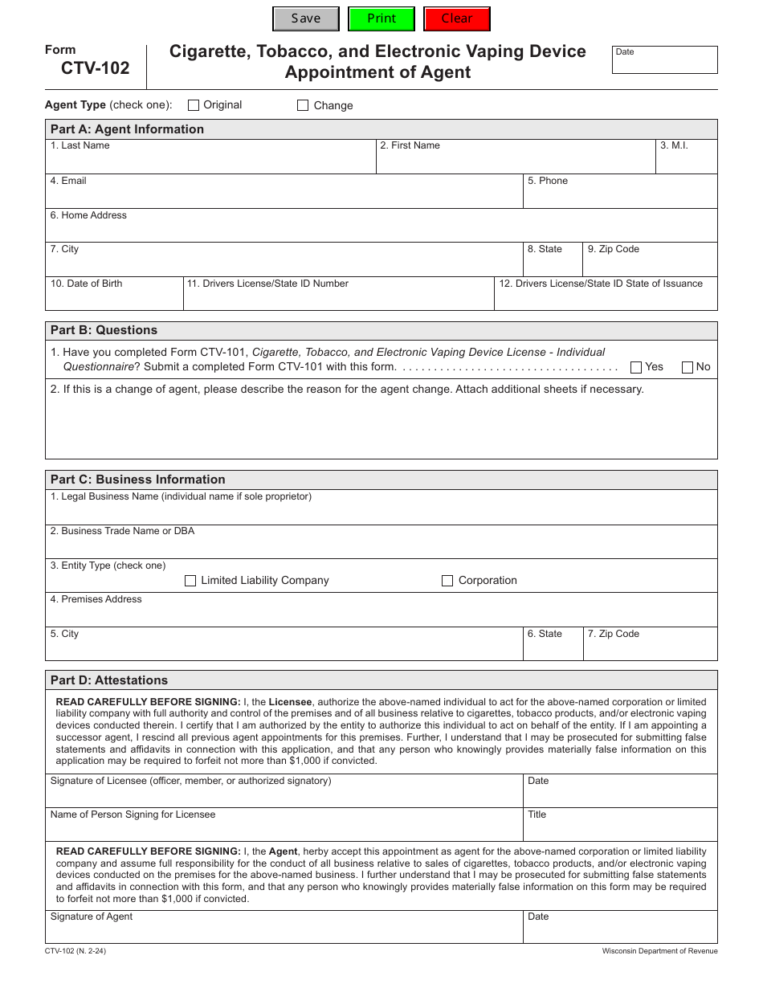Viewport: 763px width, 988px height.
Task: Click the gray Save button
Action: click(306, 18)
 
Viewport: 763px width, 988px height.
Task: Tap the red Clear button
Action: click(457, 18)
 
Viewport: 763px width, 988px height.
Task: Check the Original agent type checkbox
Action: click(194, 105)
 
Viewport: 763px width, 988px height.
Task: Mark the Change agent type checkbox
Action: click(303, 105)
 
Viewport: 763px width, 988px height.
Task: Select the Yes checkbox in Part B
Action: click(636, 367)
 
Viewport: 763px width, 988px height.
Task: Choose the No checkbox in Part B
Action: click(688, 367)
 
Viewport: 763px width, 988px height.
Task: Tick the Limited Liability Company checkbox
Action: click(190, 581)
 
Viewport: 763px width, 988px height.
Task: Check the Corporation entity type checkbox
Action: click(447, 581)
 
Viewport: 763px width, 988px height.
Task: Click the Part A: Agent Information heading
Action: click(127, 129)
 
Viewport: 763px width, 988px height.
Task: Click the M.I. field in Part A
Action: click(686, 160)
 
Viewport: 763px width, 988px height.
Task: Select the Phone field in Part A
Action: click(619, 195)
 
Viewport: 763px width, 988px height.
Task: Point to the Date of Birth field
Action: click(114, 298)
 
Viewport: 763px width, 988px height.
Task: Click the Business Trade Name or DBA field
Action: click(381, 545)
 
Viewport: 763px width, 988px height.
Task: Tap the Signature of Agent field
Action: click(284, 931)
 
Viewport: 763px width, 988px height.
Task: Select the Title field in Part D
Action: click(619, 828)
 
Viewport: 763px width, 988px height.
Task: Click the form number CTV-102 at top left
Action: click(95, 68)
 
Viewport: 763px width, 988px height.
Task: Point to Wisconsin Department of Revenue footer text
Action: click(659, 951)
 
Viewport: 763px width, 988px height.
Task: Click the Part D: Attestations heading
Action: click(109, 680)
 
